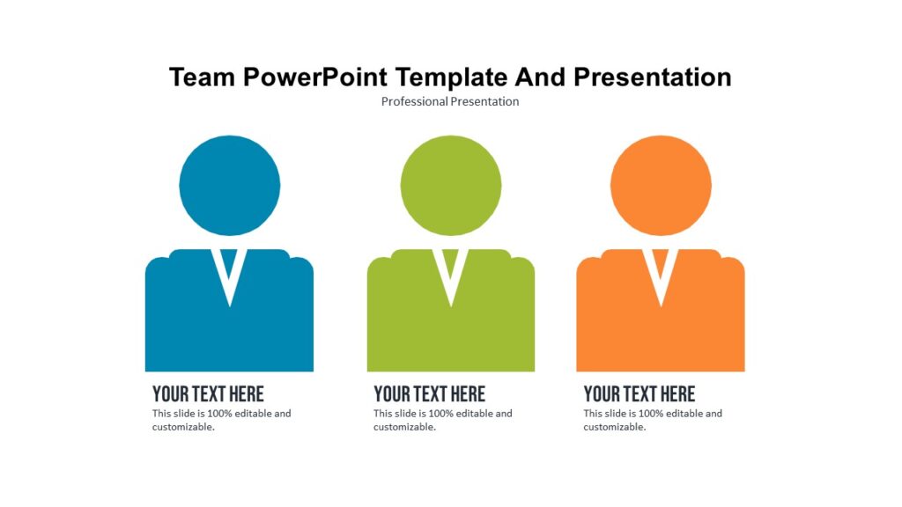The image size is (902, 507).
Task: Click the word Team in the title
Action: (x=202, y=77)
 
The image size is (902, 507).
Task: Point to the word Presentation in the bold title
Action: (x=652, y=77)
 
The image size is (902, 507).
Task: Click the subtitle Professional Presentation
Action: (x=450, y=101)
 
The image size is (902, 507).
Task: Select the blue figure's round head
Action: (x=229, y=185)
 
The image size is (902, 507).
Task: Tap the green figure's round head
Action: (x=450, y=185)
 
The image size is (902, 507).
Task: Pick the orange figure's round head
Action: (x=661, y=185)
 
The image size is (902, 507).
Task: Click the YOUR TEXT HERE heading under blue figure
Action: (x=208, y=393)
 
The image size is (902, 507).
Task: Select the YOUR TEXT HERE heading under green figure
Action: (x=429, y=393)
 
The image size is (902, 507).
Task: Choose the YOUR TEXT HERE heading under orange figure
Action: (x=639, y=393)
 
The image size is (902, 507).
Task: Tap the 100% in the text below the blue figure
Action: (x=219, y=414)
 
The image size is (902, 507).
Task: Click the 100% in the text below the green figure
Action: (x=440, y=414)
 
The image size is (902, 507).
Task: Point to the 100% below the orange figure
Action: (x=651, y=414)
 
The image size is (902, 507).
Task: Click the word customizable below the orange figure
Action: (x=614, y=428)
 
